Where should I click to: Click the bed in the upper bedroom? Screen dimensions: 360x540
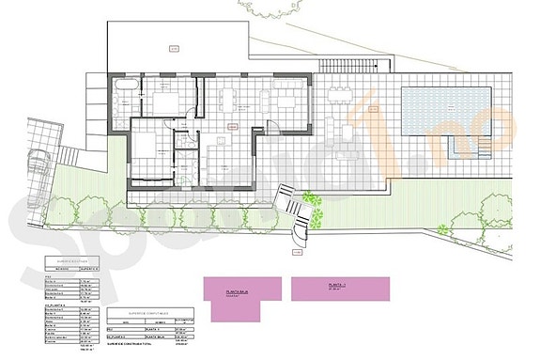pos(165,102)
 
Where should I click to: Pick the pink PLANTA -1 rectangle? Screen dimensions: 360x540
pos(339,288)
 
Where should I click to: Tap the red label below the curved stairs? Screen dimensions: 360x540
pos(298,251)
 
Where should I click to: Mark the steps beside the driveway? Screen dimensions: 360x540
pos(69,150)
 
